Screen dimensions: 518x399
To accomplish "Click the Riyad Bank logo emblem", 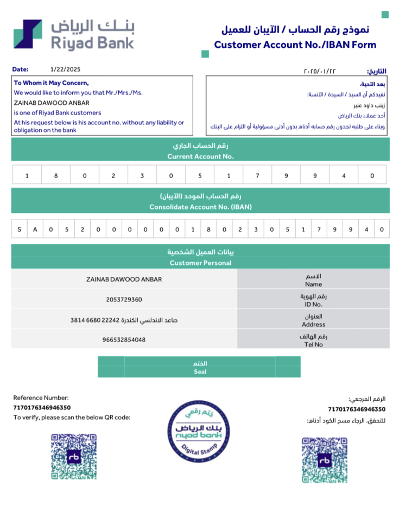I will click(28, 34).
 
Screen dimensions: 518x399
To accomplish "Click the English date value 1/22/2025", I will click(65, 70).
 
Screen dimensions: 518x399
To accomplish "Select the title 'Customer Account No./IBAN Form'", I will click(295, 45).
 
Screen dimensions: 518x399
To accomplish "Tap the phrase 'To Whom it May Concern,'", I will click(51, 83).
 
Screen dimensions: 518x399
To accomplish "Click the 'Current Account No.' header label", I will click(200, 156).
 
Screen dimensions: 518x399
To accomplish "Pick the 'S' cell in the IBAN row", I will click(20, 229).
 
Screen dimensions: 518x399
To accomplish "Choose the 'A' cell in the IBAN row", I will click(35, 229).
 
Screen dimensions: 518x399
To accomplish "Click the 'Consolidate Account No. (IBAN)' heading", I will click(200, 207).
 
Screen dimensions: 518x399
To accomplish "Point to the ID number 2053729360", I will click(124, 299).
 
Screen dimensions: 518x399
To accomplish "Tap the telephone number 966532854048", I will click(124, 340).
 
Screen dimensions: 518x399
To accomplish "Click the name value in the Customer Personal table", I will click(124, 279).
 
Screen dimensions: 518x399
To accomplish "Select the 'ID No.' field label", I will click(314, 305).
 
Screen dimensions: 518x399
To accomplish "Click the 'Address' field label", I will click(314, 324).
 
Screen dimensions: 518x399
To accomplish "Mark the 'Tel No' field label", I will click(314, 344).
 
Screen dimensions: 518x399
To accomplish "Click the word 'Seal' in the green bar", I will click(200, 372).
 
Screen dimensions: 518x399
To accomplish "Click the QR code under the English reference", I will click(74, 456).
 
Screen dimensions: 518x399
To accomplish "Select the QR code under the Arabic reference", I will click(324, 459).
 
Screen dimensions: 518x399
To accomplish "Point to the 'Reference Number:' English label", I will click(41, 397).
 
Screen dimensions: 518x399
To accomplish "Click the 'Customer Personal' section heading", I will click(200, 263).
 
